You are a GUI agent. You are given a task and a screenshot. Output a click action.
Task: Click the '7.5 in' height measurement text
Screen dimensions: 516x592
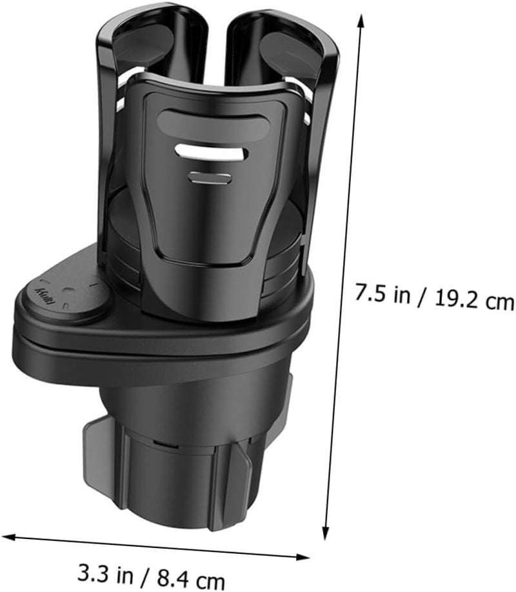382,293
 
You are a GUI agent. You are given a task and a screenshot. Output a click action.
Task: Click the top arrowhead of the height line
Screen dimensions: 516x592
361,22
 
